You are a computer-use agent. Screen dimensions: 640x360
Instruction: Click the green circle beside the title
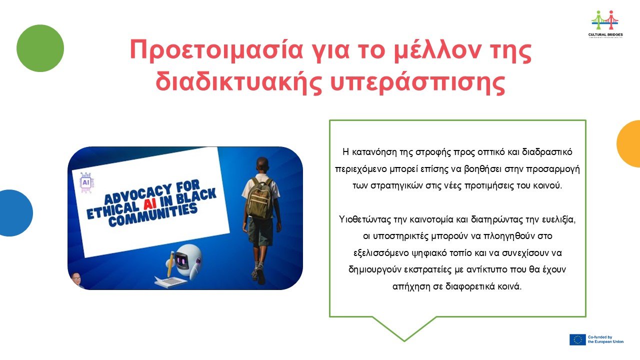40,48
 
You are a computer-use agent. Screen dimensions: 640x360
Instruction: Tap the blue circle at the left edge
14,213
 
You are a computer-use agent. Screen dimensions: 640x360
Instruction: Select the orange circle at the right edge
629,143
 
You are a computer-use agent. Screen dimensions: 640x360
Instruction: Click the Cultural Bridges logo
605,24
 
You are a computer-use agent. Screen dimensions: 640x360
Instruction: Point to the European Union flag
577,339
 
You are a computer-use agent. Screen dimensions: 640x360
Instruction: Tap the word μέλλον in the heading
436,49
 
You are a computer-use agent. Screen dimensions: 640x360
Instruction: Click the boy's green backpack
259,198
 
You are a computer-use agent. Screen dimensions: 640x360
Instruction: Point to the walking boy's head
262,165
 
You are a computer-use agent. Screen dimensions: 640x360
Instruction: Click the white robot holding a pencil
187,260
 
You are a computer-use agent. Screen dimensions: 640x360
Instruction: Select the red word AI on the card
150,204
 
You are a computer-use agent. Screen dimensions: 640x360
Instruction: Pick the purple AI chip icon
86,182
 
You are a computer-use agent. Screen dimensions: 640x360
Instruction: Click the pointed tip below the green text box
404,341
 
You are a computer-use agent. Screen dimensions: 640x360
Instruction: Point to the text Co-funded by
599,337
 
